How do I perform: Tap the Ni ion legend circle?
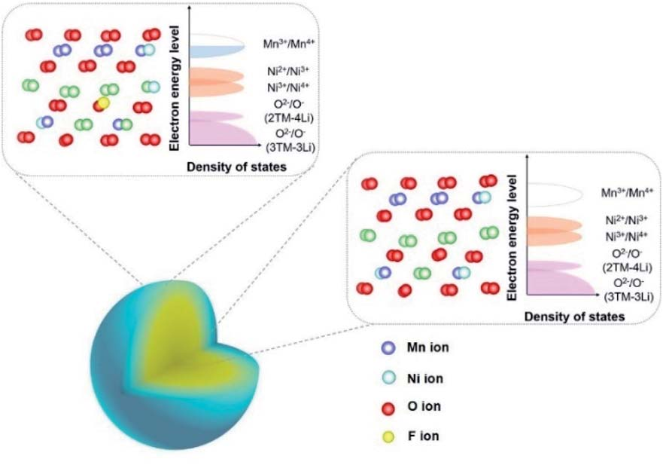388,378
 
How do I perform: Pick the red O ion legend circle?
388,408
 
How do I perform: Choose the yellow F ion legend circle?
388,436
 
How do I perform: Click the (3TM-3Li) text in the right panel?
623,297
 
